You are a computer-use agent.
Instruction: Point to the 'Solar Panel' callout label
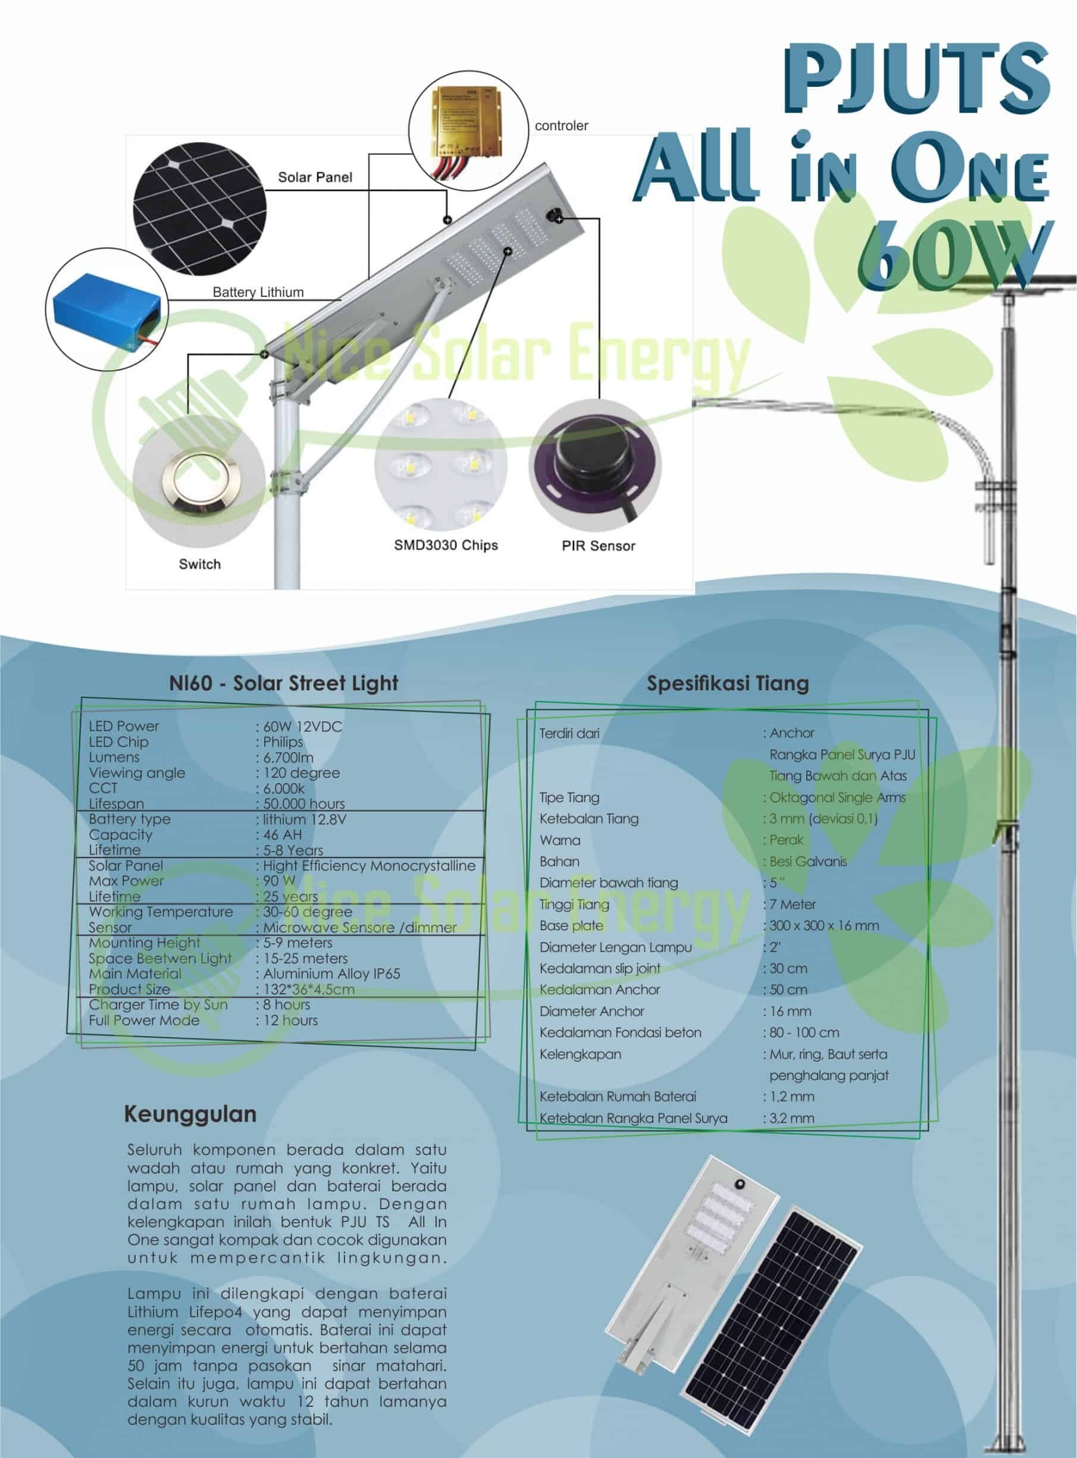point(315,177)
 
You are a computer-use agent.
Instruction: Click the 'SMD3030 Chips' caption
point(446,545)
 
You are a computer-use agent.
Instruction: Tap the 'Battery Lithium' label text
point(258,292)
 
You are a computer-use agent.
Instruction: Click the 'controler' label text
point(561,126)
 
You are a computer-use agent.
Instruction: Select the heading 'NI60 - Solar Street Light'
point(284,683)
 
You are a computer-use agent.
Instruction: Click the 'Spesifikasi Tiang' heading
point(728,683)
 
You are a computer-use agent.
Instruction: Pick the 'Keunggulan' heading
point(190,1113)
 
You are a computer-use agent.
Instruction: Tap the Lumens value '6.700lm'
point(288,758)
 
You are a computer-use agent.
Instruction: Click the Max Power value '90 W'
point(279,881)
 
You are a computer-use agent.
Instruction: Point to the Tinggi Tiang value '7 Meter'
point(793,905)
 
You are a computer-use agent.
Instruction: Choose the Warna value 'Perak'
point(786,840)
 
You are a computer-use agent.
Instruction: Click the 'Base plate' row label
point(571,926)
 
